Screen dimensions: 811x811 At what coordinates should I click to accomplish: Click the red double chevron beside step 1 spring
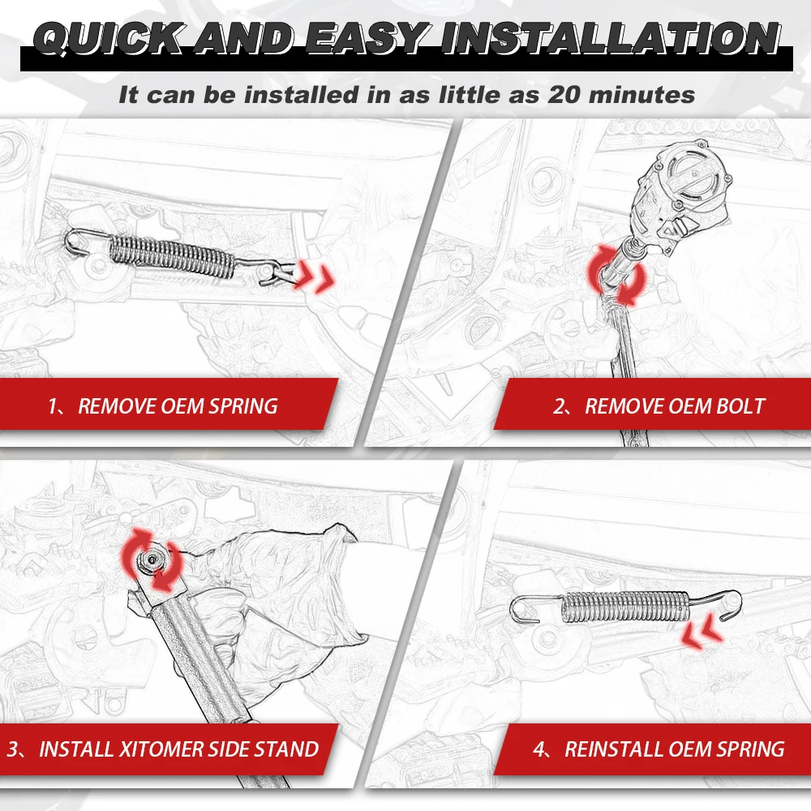(315, 276)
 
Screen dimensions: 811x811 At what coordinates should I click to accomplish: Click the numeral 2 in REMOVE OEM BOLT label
(559, 405)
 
